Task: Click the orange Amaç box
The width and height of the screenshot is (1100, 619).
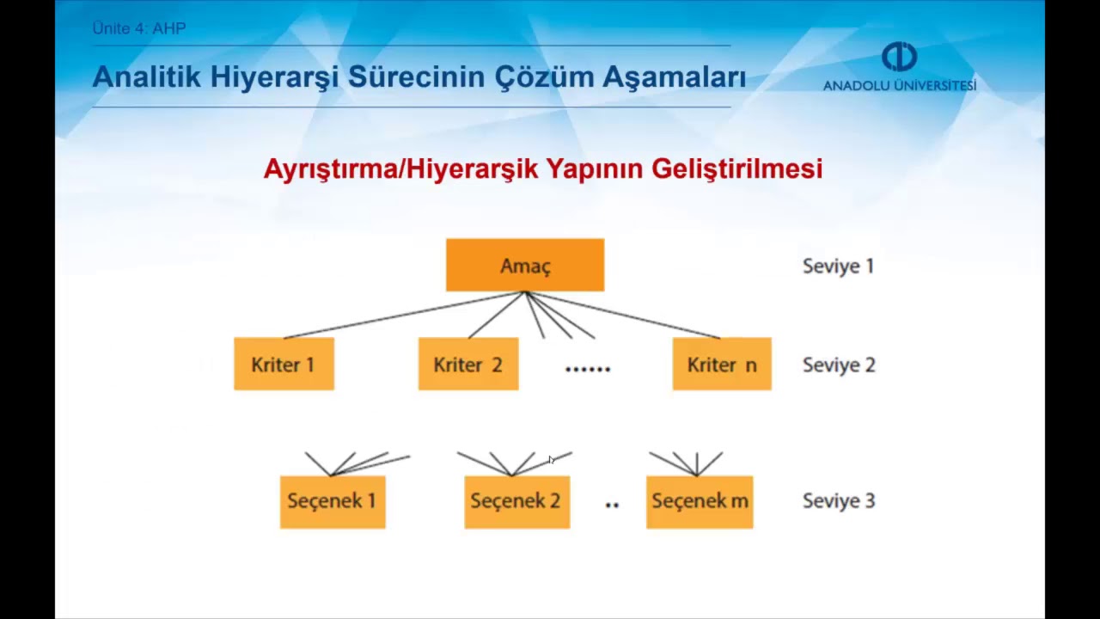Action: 525,266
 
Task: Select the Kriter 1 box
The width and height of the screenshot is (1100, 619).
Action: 284,365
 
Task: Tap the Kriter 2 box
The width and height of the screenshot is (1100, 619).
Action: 468,365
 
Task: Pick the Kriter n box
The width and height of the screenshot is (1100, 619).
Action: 722,365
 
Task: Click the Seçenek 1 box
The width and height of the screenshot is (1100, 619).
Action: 333,501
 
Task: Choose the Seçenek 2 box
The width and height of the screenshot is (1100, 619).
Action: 516,501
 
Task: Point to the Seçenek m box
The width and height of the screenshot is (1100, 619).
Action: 700,501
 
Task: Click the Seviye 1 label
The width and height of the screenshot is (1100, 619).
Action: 838,267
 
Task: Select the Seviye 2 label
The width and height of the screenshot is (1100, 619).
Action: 839,365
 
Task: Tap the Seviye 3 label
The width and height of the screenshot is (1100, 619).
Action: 839,501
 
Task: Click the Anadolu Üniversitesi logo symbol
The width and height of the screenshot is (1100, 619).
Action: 899,58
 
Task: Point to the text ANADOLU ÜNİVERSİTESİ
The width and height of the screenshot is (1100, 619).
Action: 899,86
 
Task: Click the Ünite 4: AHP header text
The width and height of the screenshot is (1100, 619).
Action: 139,28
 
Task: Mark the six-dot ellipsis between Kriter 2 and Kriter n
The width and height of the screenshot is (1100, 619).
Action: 588,369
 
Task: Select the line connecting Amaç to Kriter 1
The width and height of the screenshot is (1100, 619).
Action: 404,316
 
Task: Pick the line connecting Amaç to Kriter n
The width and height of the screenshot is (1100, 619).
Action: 623,316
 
